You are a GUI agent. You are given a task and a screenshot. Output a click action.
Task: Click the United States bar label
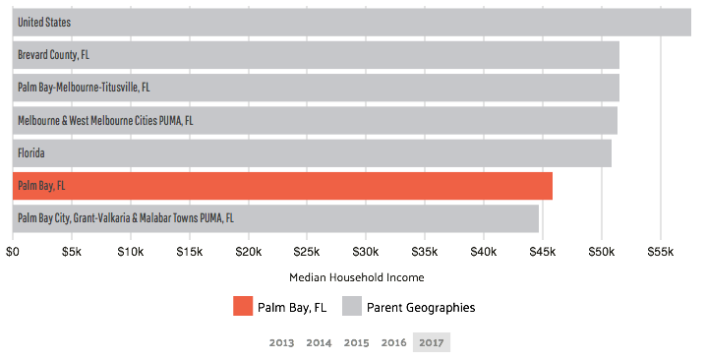[43, 22]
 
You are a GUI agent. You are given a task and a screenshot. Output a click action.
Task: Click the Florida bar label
[31, 153]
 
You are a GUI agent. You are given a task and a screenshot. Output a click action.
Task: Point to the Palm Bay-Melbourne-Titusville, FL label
[84, 88]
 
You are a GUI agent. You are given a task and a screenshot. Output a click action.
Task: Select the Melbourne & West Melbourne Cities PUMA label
[105, 120]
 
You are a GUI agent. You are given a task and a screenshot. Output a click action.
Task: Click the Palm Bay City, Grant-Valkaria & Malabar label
[125, 218]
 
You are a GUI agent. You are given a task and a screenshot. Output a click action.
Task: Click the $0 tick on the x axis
[13, 253]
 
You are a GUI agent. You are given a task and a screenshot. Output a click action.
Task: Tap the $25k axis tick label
[307, 253]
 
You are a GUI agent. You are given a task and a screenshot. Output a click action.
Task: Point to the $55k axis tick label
[661, 253]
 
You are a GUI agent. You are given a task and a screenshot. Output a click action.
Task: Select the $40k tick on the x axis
[484, 253]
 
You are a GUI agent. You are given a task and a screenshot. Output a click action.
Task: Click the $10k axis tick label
[130, 253]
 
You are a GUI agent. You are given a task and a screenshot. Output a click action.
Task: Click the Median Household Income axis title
[357, 277]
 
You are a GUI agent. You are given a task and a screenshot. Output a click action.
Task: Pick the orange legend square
[243, 306]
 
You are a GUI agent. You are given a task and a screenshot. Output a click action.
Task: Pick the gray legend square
[352, 306]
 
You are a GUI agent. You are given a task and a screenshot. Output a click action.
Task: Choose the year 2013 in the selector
[281, 342]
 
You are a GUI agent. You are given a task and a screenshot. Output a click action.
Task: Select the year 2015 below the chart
[356, 342]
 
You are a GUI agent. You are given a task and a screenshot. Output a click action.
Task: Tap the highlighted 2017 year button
[431, 342]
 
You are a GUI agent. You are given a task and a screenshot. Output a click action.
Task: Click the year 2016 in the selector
[393, 342]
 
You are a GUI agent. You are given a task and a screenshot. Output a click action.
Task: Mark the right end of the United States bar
[689, 22]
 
